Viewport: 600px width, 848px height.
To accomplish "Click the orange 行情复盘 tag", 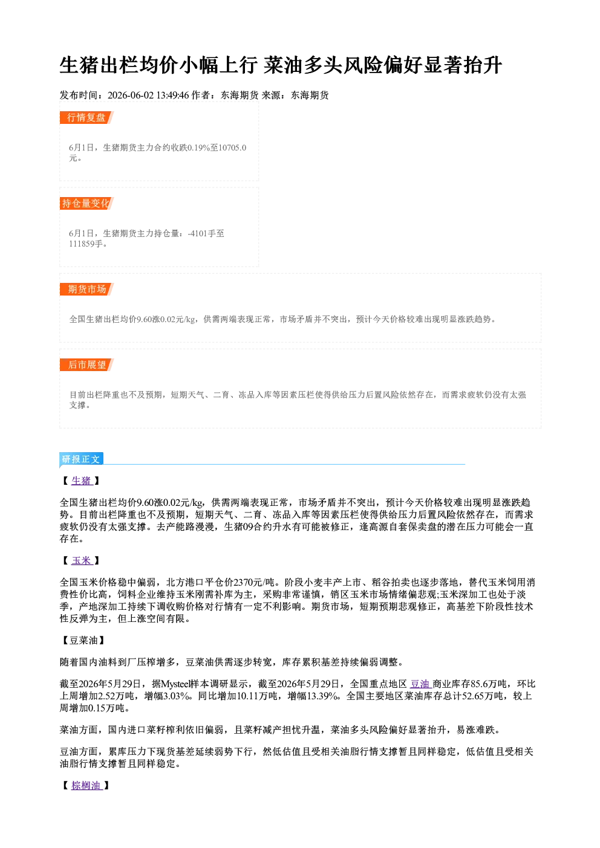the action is (x=86, y=117).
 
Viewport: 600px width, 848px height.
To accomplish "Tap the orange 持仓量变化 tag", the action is (x=86, y=203).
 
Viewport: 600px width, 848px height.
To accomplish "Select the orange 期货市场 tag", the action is (x=86, y=290).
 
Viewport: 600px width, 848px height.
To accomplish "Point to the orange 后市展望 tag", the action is (x=86, y=364).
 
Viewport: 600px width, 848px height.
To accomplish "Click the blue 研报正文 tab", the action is (x=82, y=459).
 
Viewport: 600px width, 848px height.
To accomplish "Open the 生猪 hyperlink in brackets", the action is (x=82, y=481).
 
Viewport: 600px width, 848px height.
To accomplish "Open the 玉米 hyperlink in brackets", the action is (x=82, y=560).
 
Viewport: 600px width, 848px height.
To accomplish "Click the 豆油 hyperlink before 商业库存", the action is (x=420, y=684).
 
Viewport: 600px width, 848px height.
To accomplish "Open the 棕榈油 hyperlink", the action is (x=86, y=785).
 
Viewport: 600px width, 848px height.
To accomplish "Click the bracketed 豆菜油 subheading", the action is (x=82, y=640).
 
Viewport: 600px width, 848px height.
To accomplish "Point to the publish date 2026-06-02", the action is (x=131, y=95).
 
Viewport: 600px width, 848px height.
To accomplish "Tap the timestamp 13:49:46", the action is (x=173, y=95).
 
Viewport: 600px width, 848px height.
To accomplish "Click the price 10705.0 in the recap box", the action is (x=232, y=147).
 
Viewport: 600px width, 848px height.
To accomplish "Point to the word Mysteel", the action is (x=175, y=684).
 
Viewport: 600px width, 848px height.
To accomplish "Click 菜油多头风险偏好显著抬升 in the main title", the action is (x=383, y=65).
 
